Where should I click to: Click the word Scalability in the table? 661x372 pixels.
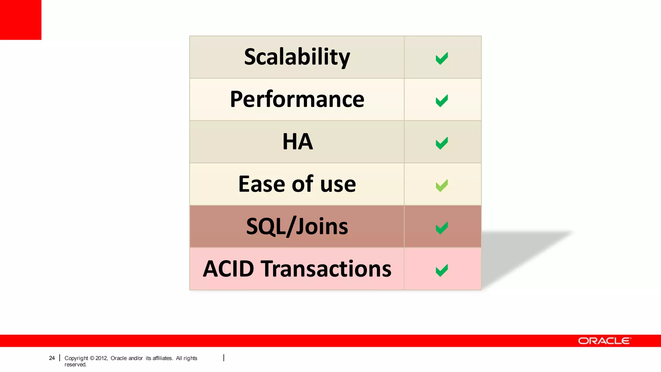click(x=297, y=57)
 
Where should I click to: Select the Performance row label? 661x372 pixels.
click(x=297, y=99)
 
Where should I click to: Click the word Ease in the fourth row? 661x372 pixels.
click(x=262, y=184)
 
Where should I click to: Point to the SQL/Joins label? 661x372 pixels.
click(x=297, y=226)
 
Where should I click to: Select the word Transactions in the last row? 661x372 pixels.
click(x=326, y=269)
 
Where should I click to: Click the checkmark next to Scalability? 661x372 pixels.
click(x=442, y=58)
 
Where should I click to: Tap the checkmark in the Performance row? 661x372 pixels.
click(x=442, y=101)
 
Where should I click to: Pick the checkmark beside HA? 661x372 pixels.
click(x=442, y=143)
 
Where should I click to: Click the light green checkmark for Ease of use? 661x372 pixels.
click(x=442, y=185)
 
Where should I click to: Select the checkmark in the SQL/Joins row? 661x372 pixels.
click(x=442, y=228)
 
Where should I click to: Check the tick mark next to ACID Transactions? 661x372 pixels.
click(x=442, y=270)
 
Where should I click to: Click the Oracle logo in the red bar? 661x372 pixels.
click(x=604, y=341)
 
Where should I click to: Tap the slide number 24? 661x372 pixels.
click(x=52, y=358)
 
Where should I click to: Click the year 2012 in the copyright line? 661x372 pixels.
click(x=101, y=358)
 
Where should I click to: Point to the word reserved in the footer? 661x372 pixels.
click(x=75, y=365)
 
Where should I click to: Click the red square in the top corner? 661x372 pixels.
click(x=21, y=20)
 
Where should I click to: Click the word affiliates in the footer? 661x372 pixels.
click(x=162, y=358)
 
